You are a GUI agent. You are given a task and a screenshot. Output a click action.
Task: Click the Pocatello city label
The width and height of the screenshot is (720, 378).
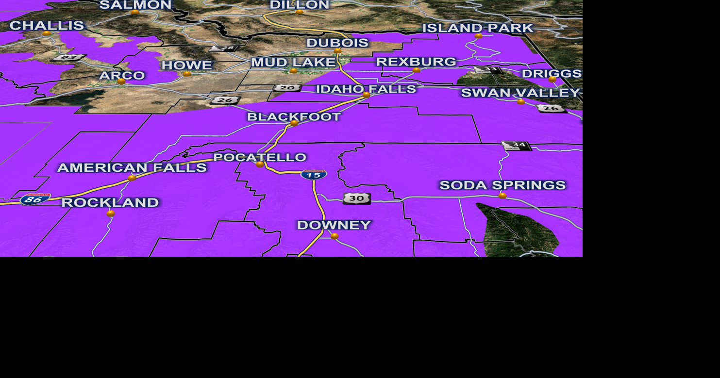coord(260,157)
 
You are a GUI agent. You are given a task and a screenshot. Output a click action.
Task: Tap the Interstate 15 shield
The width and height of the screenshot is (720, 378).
coord(314,175)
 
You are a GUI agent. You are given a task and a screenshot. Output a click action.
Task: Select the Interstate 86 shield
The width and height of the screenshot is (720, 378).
coord(35,199)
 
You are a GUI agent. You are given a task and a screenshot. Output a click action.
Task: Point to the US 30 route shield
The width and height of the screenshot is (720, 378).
coord(357,198)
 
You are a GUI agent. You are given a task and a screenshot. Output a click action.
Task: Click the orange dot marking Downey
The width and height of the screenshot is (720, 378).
coord(335,236)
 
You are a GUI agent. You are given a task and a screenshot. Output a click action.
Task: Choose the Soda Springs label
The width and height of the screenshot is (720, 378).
coord(502,185)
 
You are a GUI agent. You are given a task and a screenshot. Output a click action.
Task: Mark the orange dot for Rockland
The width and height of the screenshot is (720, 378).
coord(111,214)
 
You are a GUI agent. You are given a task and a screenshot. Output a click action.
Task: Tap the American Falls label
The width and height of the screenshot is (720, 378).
coord(132,168)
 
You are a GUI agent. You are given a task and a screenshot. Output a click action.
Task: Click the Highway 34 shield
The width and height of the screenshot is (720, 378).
coord(517,145)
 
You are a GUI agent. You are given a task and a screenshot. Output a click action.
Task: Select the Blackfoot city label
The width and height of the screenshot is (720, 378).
coord(294,117)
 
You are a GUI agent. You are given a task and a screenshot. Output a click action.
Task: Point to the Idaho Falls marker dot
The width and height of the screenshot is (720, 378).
coord(367,95)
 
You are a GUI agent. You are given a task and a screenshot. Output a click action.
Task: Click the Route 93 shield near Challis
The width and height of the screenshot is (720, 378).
coord(68,58)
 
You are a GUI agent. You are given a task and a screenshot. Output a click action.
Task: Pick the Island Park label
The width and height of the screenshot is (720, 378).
coord(478,28)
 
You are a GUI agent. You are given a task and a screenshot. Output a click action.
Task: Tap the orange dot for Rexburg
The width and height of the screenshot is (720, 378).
coord(416,70)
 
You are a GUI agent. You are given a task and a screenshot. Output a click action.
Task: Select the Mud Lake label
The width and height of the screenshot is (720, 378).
coord(293,63)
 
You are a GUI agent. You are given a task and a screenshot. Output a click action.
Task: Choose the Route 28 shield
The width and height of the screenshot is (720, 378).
coord(224,48)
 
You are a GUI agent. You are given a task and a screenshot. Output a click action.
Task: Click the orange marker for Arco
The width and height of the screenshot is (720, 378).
coord(121,82)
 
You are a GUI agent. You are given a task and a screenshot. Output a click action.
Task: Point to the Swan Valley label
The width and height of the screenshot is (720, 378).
coord(520,93)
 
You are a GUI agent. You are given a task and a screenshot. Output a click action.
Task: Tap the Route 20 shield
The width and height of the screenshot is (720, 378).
coord(287,88)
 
